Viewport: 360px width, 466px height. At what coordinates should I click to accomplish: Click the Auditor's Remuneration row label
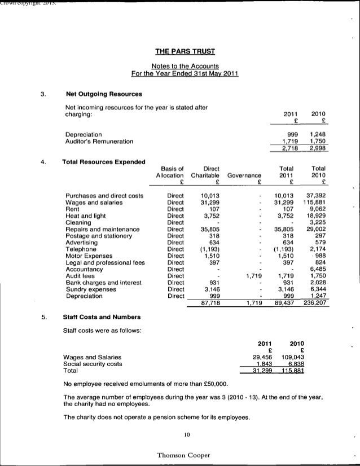[x=99, y=141]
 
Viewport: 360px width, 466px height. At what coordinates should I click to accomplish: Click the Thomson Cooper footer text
[x=183, y=454]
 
